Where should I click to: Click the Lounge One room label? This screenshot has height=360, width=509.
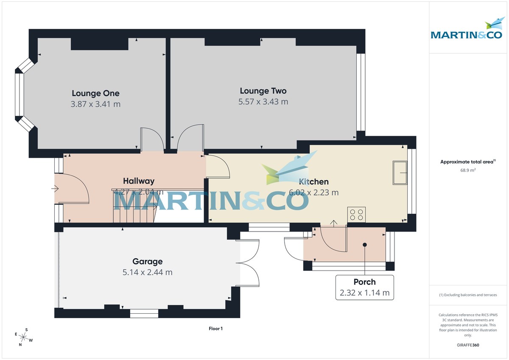coord(95,93)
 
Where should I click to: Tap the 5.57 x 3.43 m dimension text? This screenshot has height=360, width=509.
coord(263,102)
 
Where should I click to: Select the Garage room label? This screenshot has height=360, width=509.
coord(147,262)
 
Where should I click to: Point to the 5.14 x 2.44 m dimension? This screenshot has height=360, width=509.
coord(147,272)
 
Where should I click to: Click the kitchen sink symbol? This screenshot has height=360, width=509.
coord(400,173)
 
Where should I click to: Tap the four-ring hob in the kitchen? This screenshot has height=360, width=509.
coord(356,214)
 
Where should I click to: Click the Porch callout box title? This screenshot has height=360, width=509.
coord(364,282)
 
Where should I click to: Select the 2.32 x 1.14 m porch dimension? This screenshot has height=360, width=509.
coord(364,293)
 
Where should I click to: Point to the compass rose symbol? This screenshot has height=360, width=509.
coord(24,338)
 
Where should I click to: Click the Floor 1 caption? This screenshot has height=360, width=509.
coord(215,329)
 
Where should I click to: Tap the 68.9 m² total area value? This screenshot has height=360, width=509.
coord(468,170)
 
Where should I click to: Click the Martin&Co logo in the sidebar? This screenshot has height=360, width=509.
coord(467,30)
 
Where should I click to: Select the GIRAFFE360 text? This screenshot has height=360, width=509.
coord(468,345)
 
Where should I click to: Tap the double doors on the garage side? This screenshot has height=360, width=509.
coord(249,263)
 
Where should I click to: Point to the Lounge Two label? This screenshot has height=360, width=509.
coord(263,91)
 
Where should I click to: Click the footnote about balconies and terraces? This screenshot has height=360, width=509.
coord(468,295)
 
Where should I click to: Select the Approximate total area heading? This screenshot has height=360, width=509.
coord(467,162)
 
